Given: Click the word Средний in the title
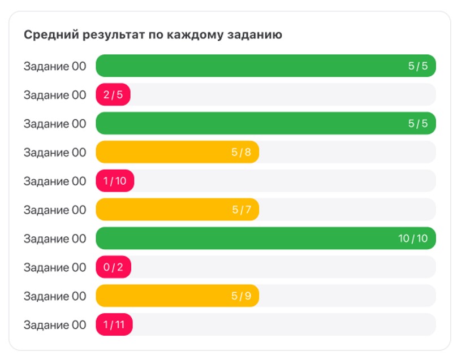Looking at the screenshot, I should coord(47,35).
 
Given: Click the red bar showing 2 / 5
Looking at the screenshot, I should coord(113,95).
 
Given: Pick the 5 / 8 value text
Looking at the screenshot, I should coord(241,153).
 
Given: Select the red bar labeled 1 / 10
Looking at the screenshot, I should coord(115,181).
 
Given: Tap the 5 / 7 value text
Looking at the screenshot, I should coord(241,210).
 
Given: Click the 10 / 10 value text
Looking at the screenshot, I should coord(413,239).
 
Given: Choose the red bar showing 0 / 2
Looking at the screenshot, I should coord(113,268).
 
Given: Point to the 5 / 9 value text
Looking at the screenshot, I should coord(241,297).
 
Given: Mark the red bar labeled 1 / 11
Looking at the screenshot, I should coord(114,326).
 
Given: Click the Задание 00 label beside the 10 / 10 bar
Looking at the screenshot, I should coord(55,239).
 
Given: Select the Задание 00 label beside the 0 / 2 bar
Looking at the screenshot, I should coord(55,268).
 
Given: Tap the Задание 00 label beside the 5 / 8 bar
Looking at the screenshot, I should coord(55,153).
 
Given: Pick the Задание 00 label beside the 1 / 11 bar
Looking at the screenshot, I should coord(55,326).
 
